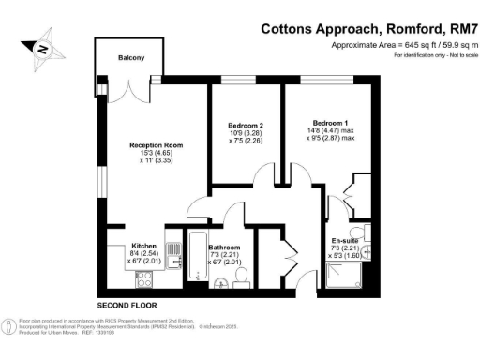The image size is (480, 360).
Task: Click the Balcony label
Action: tap(131, 58)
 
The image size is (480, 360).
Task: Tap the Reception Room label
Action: tap(156, 146)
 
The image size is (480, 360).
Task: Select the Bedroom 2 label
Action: tap(246, 125)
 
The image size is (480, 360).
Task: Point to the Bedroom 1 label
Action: tap(330, 122)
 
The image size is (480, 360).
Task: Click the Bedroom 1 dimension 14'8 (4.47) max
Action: tap(331, 130)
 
